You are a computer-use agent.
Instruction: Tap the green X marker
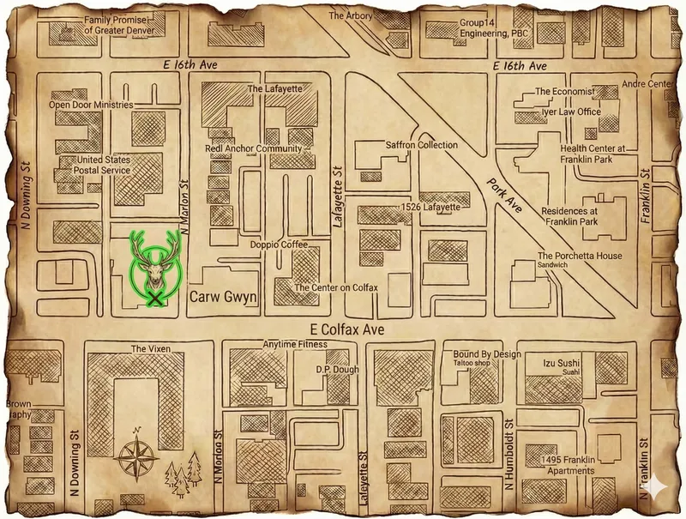coord(155,298)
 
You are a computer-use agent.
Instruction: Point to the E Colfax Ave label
coord(344,329)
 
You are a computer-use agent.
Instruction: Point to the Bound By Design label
coord(487,353)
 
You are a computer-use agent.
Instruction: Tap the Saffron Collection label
coord(422,146)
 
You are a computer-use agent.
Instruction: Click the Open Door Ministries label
coord(91,105)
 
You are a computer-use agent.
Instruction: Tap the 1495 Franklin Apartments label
coord(562,466)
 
